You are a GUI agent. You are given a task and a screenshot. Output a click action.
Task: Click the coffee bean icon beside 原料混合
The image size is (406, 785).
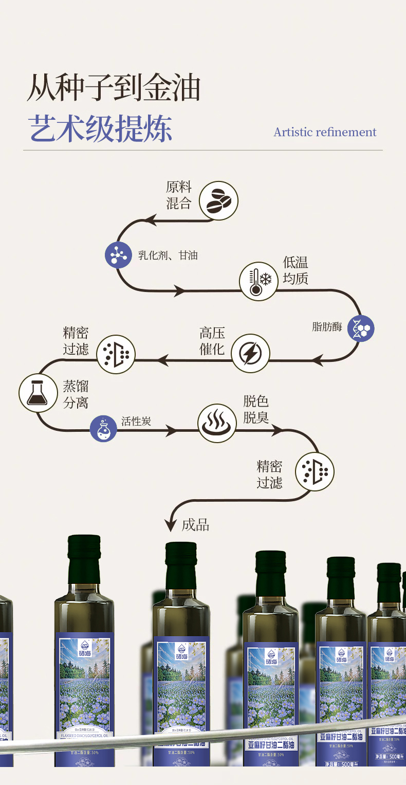pos(218,200)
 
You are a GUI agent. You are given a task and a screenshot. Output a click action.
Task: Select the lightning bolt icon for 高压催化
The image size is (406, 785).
pos(250,354)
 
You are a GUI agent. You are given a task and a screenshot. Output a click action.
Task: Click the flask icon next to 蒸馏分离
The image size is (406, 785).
pos(39,393)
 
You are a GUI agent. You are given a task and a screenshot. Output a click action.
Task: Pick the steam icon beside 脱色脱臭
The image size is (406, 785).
pos(217,423)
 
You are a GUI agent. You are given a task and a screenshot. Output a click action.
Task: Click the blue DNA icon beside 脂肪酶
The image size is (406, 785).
pos(361,328)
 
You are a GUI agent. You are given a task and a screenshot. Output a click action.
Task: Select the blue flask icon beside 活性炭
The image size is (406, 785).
pos(104,428)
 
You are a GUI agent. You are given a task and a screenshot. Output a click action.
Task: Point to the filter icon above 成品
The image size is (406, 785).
pos(315,471)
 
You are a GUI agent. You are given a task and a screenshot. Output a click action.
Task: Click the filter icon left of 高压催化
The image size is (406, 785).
pos(116,354)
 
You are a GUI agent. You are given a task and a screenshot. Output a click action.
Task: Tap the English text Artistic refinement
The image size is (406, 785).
pos(325,132)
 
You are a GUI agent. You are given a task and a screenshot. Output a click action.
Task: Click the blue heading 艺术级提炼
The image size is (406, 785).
pos(100,128)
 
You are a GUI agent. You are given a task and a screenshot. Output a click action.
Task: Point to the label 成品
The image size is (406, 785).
pos(195,525)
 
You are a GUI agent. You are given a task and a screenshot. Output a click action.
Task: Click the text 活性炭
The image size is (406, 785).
pos(136,422)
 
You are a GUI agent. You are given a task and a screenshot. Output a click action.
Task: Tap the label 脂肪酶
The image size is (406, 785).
pos(327,327)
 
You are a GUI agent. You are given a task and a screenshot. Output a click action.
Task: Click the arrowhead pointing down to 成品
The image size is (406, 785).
pos(171,525)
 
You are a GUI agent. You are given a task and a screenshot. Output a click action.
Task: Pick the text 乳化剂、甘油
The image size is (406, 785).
pos(168,255)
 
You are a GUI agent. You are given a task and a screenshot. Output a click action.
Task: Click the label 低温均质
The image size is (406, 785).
pos(296,271)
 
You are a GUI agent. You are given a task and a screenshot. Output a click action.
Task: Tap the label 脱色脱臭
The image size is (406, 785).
pos(256,410)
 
